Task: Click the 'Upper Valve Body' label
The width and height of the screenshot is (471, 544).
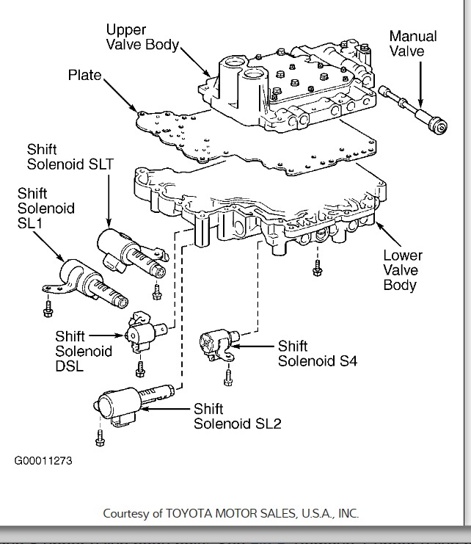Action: pyautogui.click(x=142, y=37)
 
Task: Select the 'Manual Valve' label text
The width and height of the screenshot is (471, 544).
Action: pyautogui.click(x=413, y=43)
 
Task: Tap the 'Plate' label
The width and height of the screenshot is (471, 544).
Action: pyautogui.click(x=84, y=75)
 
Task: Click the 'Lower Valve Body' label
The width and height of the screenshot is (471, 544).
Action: pyautogui.click(x=403, y=270)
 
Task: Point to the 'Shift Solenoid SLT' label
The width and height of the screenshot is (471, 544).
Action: pyautogui.click(x=70, y=156)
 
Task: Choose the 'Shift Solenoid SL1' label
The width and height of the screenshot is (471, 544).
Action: pyautogui.click(x=46, y=208)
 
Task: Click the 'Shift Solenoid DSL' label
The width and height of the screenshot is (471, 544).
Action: pyautogui.click(x=84, y=351)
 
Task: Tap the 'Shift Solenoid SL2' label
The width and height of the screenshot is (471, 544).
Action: pyautogui.click(x=237, y=416)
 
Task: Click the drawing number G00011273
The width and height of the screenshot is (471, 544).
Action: pyautogui.click(x=43, y=462)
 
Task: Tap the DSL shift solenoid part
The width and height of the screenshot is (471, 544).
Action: pyautogui.click(x=141, y=331)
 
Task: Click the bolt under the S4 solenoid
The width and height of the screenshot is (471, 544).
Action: pyautogui.click(x=227, y=377)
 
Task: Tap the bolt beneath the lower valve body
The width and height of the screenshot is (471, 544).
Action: pyautogui.click(x=317, y=269)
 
